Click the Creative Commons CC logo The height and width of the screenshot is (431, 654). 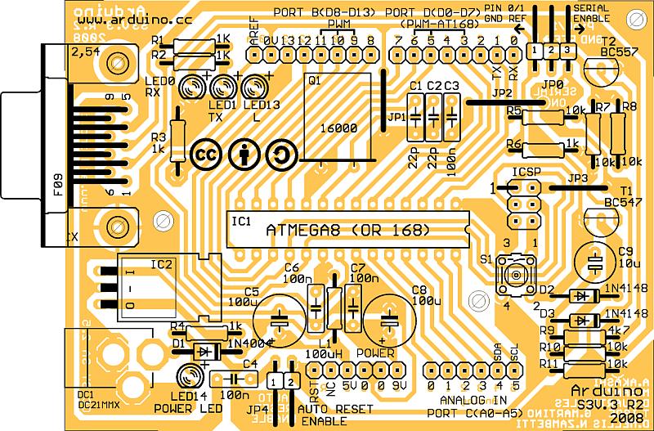(x=204, y=154)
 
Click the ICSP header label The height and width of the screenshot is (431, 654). (x=523, y=173)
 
